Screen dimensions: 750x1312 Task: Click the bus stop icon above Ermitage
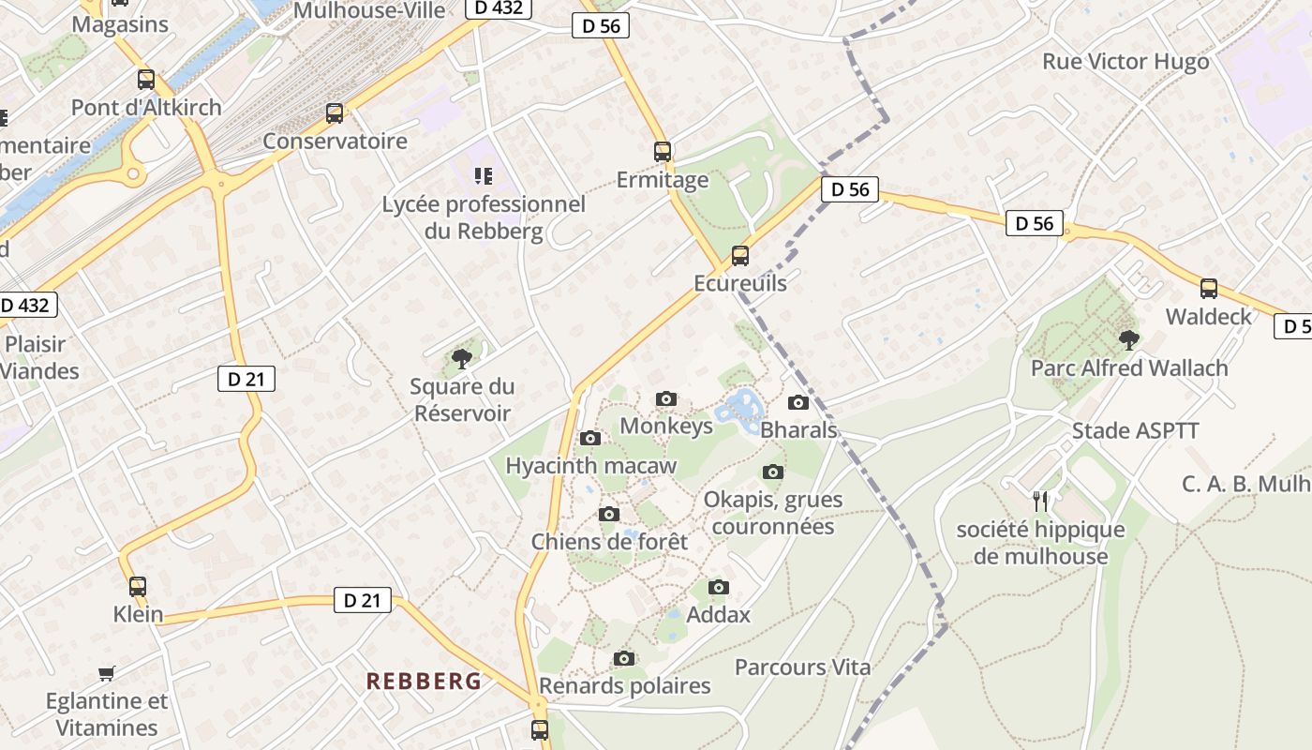coord(663,151)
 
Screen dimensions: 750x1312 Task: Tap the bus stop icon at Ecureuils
coord(740,255)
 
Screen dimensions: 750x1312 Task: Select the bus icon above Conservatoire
coord(335,113)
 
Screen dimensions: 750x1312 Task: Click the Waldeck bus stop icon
coord(1209,289)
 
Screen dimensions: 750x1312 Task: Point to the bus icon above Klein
coord(138,587)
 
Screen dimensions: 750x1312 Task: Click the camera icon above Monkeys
coord(666,399)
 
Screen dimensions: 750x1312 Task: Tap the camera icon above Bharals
coord(798,403)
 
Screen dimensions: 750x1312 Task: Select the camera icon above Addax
coord(719,588)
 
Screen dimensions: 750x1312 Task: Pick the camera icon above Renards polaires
coord(624,659)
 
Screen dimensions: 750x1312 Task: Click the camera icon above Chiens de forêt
coord(609,515)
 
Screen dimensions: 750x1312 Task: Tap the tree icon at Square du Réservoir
coord(461,357)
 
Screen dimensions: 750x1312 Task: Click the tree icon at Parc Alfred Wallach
coord(1129,339)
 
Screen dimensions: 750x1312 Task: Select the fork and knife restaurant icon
coord(1039,501)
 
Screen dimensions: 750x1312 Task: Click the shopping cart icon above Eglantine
coord(107,673)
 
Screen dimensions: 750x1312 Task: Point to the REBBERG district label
coord(424,682)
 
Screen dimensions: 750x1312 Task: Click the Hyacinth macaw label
coord(590,466)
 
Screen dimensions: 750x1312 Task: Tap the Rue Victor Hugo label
coord(1126,62)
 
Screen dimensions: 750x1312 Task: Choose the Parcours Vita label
coord(802,667)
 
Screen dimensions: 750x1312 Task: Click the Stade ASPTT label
coord(1135,431)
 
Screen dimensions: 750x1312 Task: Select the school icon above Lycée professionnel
coord(484,175)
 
